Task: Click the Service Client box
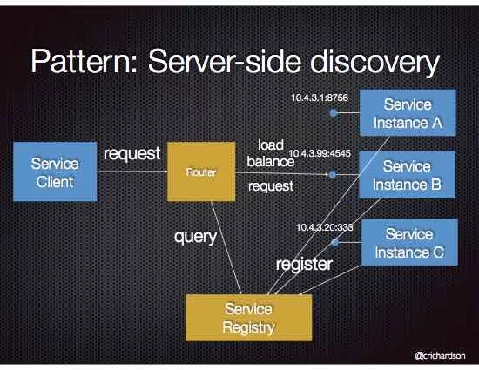tap(54, 172)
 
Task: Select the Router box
tap(201, 172)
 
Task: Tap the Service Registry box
tap(248, 318)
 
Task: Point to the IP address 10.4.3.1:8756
tap(319, 98)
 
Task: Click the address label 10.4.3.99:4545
tap(320, 152)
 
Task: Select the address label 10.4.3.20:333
tap(323, 226)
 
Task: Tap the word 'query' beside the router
tap(195, 236)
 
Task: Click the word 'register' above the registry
tap(304, 264)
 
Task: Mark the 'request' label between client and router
tap(132, 154)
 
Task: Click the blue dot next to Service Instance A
tap(332, 113)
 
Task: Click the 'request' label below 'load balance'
tap(271, 185)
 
